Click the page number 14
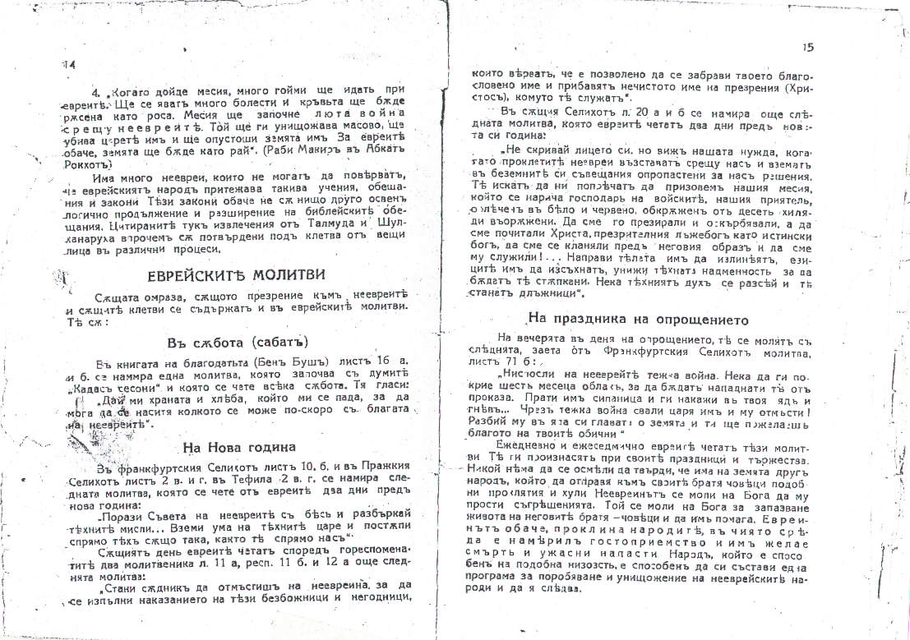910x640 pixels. click(68, 64)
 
